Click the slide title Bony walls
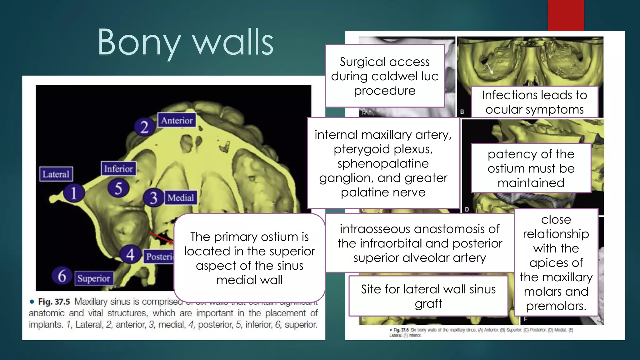pos(186,42)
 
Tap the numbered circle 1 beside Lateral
pos(73,193)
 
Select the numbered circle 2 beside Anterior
pos(144,127)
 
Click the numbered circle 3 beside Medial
pos(153,198)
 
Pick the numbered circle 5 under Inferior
pos(118,188)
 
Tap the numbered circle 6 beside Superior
pos(62,276)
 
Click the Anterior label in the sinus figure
pos(177,120)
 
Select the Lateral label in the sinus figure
pos(56,174)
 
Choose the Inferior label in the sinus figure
pos(118,169)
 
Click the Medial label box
pos(181,197)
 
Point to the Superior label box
pos(94,278)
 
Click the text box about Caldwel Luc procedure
pos(384,76)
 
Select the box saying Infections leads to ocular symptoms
pos(534,102)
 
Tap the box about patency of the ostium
pos(531,168)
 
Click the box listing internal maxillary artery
pos(383,163)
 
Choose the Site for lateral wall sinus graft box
pos(428,296)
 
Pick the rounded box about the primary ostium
pos(249,258)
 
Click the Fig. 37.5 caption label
pos(54,302)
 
